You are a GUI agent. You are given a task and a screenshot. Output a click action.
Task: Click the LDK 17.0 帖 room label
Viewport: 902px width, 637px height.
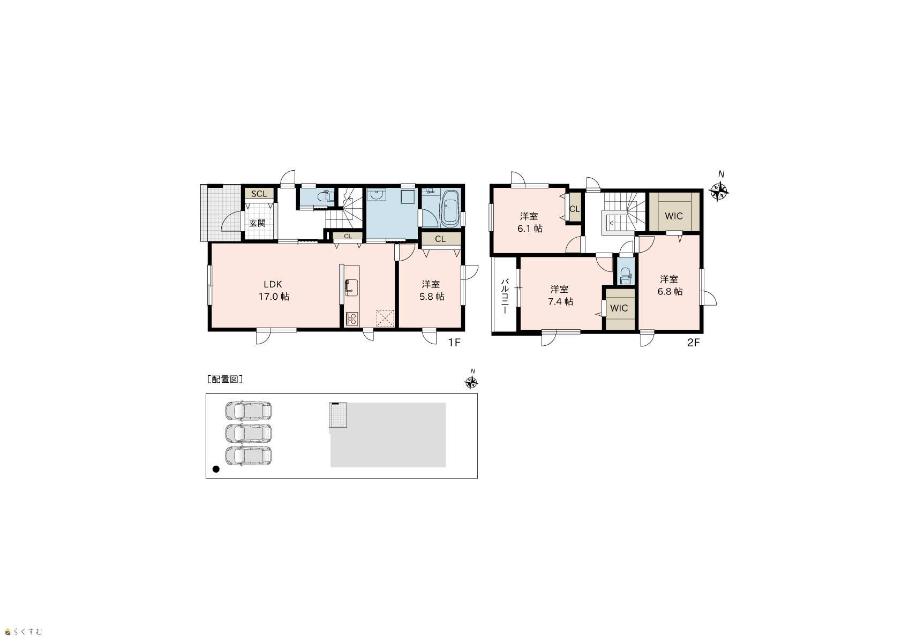(273, 291)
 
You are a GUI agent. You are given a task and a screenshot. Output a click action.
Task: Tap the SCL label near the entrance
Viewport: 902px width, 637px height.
(259, 194)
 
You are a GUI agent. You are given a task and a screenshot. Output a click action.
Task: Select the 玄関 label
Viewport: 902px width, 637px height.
(257, 223)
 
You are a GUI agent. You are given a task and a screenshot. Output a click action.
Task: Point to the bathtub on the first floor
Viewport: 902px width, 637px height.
(450, 208)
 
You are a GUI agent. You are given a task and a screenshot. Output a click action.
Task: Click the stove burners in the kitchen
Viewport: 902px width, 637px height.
(352, 318)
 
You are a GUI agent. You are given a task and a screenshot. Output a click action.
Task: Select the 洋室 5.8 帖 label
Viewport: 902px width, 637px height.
(431, 291)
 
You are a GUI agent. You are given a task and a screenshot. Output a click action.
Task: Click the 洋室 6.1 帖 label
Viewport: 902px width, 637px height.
(530, 223)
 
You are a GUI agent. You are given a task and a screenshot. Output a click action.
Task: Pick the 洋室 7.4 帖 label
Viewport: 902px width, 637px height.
(560, 295)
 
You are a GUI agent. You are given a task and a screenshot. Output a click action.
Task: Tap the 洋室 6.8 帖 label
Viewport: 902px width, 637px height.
(670, 285)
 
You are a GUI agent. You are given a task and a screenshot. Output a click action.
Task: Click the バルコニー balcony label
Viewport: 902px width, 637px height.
(505, 297)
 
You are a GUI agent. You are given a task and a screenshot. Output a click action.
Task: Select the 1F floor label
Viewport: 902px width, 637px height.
(454, 343)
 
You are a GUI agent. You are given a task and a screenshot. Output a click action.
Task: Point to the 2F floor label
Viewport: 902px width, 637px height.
(694, 343)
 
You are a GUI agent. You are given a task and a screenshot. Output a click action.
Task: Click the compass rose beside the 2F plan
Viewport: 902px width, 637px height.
(719, 191)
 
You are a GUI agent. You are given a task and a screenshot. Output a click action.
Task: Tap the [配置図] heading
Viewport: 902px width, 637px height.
(224, 379)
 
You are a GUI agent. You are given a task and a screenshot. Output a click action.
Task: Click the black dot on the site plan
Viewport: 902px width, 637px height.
(216, 469)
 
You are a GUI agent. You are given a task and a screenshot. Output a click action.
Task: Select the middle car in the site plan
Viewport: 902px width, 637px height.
(248, 434)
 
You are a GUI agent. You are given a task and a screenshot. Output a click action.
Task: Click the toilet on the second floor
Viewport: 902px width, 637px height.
(626, 276)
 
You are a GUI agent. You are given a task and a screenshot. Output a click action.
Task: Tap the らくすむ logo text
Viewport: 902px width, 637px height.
(27, 632)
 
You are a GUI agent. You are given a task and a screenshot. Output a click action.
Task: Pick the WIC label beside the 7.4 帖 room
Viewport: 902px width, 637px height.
(619, 308)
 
